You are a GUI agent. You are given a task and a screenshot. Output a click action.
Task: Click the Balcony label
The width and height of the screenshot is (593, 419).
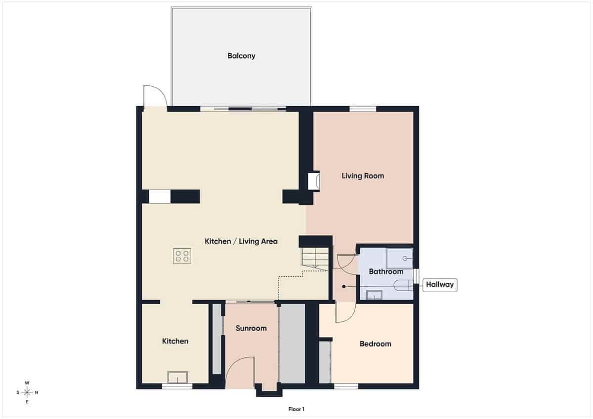click(x=241, y=56)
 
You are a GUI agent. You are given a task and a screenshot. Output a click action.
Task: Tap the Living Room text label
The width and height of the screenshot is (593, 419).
click(x=363, y=176)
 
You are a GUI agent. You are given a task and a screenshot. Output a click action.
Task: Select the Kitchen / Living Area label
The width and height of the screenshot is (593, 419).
click(x=241, y=241)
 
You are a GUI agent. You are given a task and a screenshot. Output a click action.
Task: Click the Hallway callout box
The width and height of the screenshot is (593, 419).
click(x=440, y=285)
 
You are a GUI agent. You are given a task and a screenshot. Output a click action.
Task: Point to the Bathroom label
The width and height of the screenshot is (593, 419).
click(x=386, y=271)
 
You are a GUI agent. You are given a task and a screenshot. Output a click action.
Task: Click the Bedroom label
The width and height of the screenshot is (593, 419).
click(x=375, y=344)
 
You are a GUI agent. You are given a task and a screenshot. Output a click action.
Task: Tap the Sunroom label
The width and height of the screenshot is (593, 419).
click(x=251, y=328)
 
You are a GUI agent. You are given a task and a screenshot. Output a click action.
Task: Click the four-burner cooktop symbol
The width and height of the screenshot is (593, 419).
click(x=182, y=256)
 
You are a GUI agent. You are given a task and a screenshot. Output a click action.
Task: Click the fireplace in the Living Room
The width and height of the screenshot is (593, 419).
click(x=314, y=181)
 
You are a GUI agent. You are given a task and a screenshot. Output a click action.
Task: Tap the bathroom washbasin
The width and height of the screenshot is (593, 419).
click(x=374, y=295)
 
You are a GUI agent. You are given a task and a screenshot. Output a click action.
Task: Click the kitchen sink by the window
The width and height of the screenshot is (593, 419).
click(x=177, y=377)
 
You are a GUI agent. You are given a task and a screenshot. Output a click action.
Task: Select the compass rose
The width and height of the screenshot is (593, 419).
click(x=27, y=392)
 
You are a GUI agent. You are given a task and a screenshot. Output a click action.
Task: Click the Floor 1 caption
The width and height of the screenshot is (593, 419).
click(x=296, y=409)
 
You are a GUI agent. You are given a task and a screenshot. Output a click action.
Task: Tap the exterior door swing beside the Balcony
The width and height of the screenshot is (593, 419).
click(x=153, y=97)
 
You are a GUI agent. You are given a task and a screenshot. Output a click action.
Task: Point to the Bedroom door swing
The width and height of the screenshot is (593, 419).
click(x=345, y=313)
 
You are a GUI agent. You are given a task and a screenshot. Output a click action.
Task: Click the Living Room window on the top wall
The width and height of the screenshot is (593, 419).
click(x=363, y=109)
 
